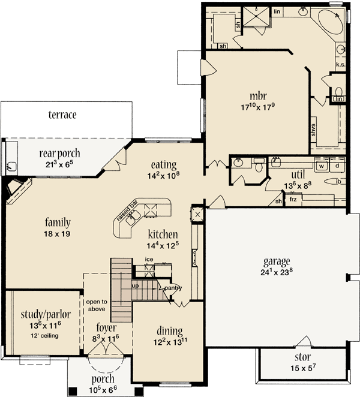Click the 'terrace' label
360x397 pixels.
click(62, 115)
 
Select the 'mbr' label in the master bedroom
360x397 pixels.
click(258, 96)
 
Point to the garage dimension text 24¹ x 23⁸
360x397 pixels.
click(277, 272)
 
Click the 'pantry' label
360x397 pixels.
click(173, 288)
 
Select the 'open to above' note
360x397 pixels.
click(96, 305)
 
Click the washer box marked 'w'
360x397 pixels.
click(321, 165)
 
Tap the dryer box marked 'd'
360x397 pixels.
click(337, 165)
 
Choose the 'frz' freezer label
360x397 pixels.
click(293, 199)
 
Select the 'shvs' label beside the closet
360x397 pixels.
click(313, 130)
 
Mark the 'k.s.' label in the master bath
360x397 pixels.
click(340, 65)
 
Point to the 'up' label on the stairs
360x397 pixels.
click(136, 285)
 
